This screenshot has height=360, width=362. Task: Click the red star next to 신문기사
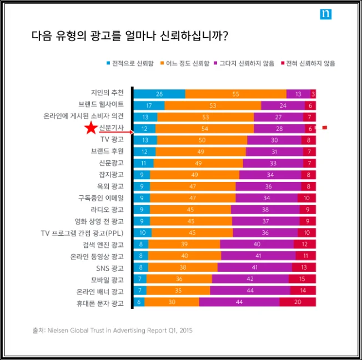point(90,129)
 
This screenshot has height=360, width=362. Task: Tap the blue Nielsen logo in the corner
point(325,14)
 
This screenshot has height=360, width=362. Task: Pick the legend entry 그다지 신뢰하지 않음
point(251,64)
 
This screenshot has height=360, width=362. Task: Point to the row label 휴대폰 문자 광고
point(100,303)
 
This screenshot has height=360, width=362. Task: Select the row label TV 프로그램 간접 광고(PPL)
point(82,232)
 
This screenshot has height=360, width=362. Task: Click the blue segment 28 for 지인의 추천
point(159,94)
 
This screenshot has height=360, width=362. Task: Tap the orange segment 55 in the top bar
point(235,94)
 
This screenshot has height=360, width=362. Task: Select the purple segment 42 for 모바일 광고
point(250,279)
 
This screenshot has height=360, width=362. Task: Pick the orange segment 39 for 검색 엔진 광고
point(184,244)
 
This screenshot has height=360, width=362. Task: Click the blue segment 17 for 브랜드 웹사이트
point(149,105)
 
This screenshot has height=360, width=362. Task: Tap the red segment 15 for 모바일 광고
point(301,279)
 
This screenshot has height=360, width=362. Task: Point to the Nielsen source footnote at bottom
point(112,331)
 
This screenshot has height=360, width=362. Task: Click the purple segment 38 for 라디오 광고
point(265,209)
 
